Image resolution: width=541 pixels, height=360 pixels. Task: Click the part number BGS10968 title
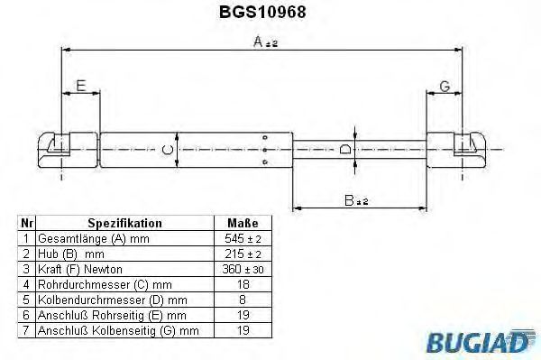262,12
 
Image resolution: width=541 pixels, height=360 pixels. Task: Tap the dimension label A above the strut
258,42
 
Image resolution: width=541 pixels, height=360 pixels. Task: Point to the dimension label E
81,86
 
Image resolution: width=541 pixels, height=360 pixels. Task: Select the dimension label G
445,87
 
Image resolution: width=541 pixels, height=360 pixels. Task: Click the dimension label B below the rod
350,200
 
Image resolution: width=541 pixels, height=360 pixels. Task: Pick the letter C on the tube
168,150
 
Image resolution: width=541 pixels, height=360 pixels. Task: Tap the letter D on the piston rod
345,150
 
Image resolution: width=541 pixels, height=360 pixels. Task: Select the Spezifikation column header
124,223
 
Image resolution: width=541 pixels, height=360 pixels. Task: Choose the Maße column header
243,223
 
